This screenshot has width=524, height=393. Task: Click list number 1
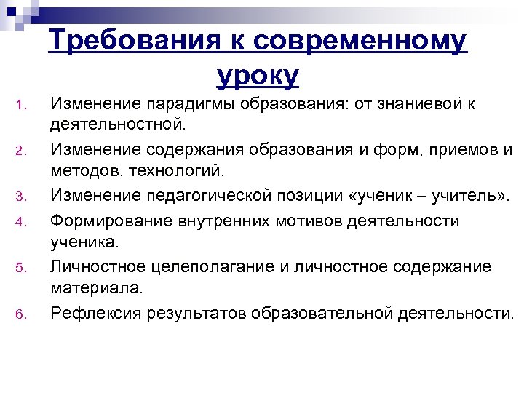coord(22,109)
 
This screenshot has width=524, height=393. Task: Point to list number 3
coord(22,196)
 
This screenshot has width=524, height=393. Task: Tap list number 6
coord(22,314)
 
